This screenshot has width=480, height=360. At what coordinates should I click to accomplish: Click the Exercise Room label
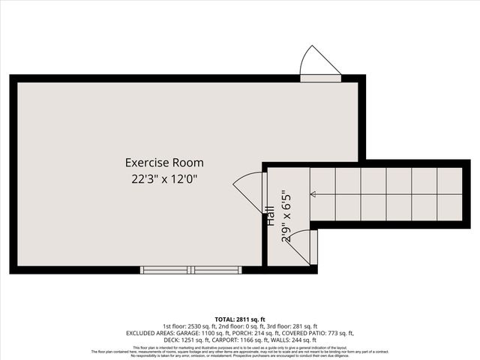click(163, 162)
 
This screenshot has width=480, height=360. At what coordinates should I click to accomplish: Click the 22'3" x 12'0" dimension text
click(163, 178)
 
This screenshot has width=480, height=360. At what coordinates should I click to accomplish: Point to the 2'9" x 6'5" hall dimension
click(284, 217)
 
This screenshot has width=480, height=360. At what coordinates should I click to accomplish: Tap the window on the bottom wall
click(190, 269)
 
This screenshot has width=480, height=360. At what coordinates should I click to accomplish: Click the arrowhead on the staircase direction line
click(312, 194)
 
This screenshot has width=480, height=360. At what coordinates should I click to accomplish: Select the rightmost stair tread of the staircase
click(449, 194)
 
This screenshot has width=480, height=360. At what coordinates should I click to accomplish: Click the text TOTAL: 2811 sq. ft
click(240, 319)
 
